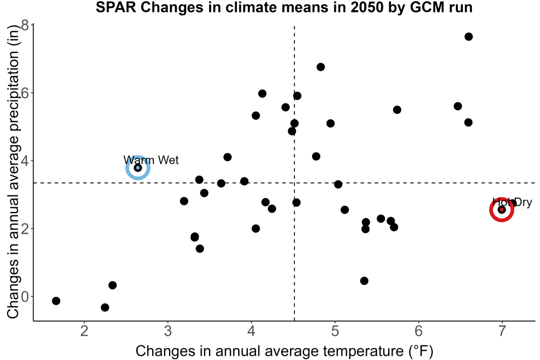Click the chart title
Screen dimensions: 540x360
(284, 7)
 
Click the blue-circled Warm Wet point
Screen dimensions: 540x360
(138, 168)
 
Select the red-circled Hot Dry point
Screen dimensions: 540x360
(502, 209)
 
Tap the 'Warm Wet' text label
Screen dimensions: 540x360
(151, 160)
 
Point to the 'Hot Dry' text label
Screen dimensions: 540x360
(512, 202)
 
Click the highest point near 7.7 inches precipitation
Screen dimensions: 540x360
(469, 37)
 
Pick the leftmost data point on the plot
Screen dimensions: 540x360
(56, 301)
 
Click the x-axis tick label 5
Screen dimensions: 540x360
(335, 331)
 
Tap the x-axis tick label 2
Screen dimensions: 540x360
(84, 331)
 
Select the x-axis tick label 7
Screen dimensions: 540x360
(502, 331)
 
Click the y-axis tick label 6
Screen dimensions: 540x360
(25, 93)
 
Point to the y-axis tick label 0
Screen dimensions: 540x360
(25, 297)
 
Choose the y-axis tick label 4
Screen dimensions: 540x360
(25, 161)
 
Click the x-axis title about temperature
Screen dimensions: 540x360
(285, 351)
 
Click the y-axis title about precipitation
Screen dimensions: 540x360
(13, 172)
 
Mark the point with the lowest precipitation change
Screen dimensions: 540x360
(105, 307)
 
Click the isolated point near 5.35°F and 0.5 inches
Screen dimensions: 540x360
(364, 281)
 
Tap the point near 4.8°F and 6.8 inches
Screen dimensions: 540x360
(321, 67)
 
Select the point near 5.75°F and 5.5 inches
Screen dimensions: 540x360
(397, 110)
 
